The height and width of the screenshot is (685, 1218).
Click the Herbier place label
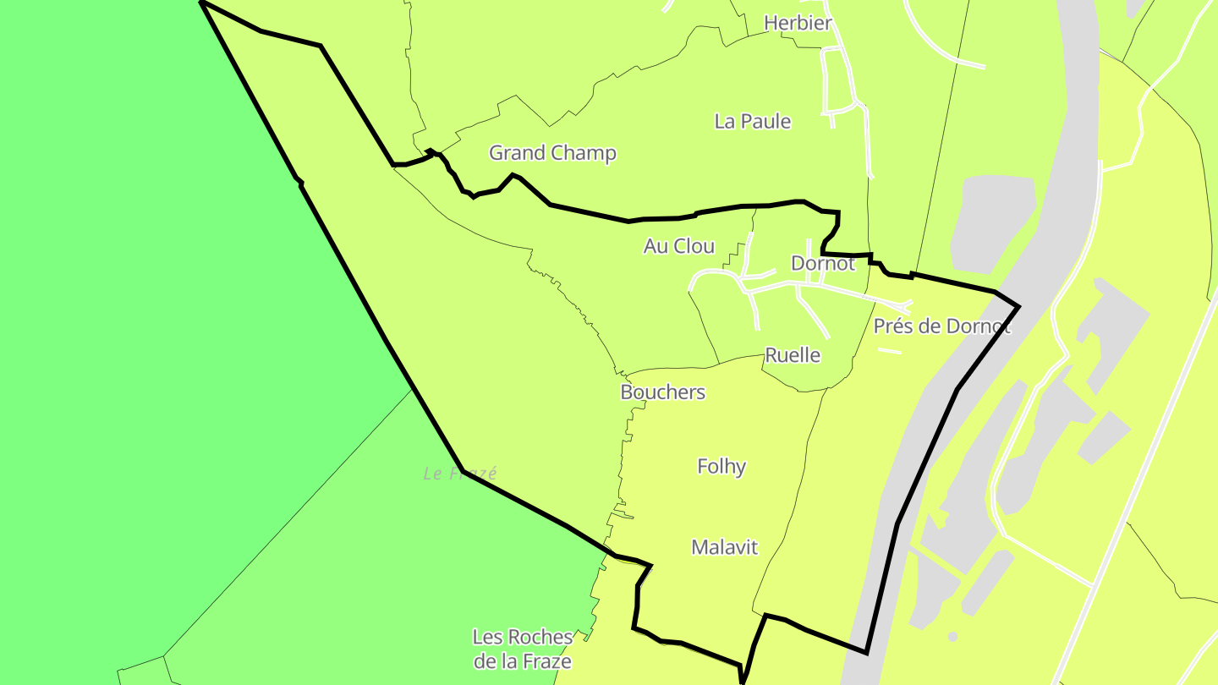(798, 24)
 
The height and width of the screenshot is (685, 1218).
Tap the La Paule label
(752, 122)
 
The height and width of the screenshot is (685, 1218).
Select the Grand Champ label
(552, 153)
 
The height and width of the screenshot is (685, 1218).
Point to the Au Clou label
(678, 246)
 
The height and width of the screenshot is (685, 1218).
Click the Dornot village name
(822, 263)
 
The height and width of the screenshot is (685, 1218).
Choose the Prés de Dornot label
(941, 326)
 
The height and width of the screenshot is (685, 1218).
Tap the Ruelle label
(793, 355)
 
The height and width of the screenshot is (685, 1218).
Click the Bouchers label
(662, 392)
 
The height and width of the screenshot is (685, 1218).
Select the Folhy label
(721, 466)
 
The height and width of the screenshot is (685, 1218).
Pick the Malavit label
(724, 547)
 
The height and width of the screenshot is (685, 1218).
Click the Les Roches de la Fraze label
(522, 649)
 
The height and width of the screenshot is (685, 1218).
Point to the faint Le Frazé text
(460, 474)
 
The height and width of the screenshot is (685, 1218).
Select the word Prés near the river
(892, 326)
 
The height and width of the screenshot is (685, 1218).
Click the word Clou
(695, 246)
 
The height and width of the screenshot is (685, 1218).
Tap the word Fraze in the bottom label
(548, 661)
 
